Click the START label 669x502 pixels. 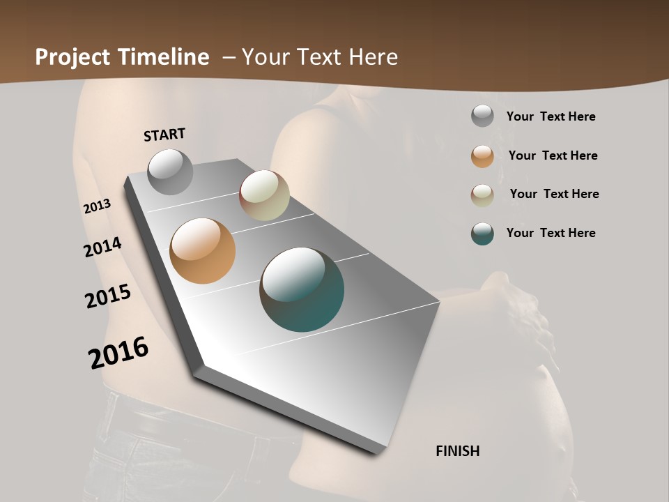coord(164,135)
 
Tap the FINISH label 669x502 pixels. coord(458,451)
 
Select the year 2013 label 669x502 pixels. coord(97,206)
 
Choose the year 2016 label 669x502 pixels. coord(118,353)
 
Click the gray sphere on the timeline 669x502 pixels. coord(170,172)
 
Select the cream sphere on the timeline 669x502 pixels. coord(264,195)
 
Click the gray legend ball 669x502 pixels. coord(482,116)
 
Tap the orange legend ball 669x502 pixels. coord(482,156)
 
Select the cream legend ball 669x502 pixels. coord(482,195)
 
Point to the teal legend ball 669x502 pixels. coord(482,234)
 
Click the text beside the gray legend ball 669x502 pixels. coord(551,116)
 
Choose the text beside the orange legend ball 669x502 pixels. coord(553,155)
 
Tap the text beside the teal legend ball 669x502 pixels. coord(551,233)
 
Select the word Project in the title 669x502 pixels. coord(72,57)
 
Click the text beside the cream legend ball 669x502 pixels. coord(554,194)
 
